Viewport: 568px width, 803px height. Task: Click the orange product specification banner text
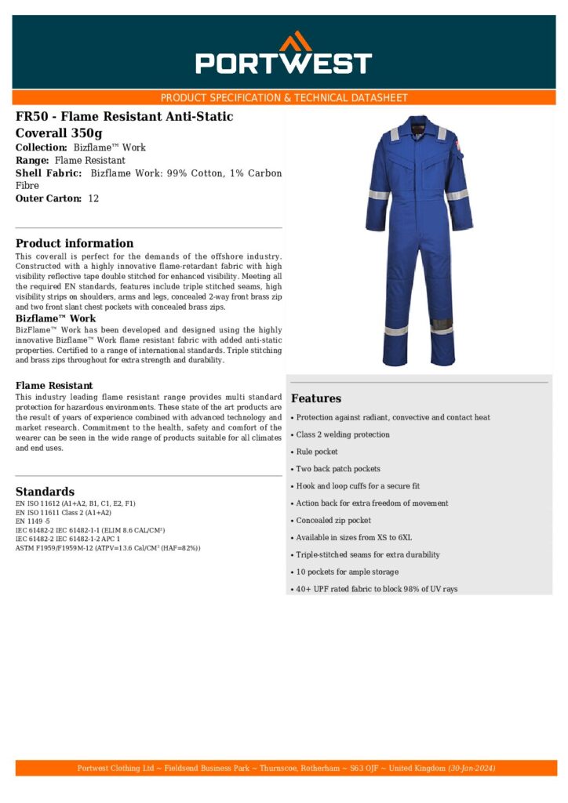[x=283, y=98]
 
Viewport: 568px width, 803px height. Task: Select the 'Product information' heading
[x=75, y=243]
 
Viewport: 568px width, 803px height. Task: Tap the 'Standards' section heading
[x=45, y=492]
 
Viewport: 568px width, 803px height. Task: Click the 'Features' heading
[x=316, y=398]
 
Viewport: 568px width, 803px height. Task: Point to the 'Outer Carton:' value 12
[x=93, y=199]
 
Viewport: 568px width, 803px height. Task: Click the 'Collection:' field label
[x=42, y=147]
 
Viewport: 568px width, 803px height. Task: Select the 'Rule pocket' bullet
[x=317, y=452]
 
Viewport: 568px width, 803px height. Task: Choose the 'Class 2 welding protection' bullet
[x=343, y=434]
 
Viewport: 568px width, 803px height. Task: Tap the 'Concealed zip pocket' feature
[x=333, y=521]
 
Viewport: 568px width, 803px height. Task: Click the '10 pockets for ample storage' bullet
[x=347, y=572]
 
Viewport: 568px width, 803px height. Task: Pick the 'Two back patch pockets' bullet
[x=338, y=469]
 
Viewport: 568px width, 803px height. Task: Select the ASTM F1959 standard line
[x=107, y=548]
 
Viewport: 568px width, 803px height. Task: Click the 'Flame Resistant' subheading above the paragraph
[x=54, y=386]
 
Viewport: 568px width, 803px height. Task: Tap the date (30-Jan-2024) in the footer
[x=472, y=768]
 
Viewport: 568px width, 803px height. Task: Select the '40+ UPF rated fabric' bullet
[x=377, y=589]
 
